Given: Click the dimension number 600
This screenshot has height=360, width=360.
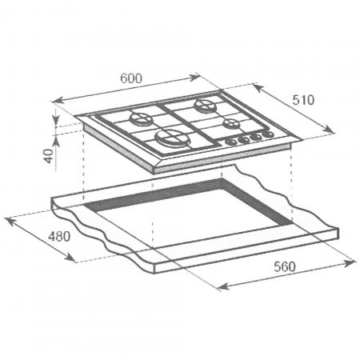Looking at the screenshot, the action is coord(131,78).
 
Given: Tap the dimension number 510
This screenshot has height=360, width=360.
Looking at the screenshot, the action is coord(303,100).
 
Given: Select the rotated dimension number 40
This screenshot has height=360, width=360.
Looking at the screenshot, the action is coord(49,156).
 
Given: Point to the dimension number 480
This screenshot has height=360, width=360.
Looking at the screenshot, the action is coord(59,236).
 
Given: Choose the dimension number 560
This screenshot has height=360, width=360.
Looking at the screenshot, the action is coord(285,266).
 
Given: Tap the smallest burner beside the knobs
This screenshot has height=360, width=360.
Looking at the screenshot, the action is coord(230,123).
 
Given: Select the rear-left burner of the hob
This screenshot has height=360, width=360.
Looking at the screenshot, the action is coord(141,119).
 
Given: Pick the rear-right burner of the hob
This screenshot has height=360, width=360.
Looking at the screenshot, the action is coord(206,105).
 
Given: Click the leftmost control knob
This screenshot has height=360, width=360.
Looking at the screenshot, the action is coord(230,142).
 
